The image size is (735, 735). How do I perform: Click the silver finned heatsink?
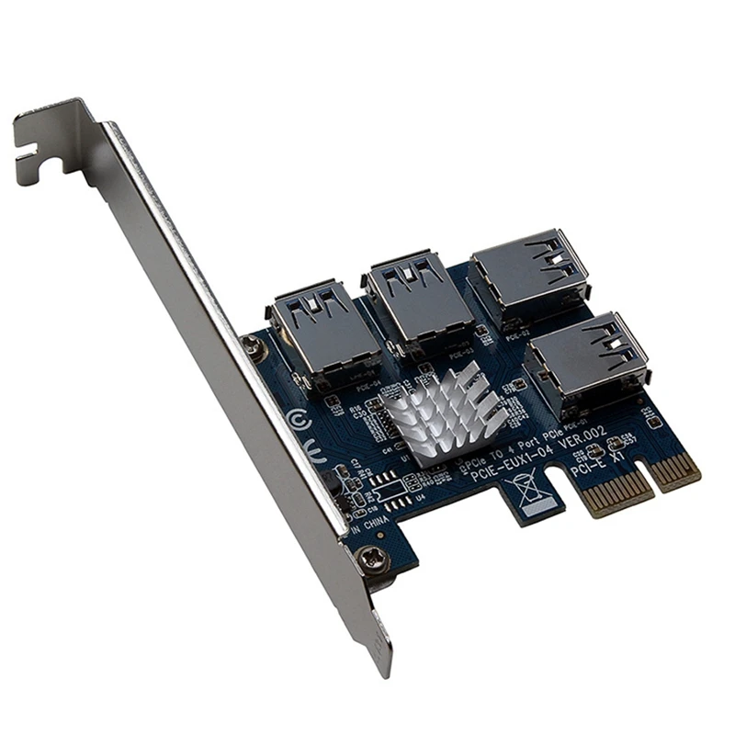(x=445, y=413)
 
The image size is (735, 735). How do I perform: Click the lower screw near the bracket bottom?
(x=373, y=557)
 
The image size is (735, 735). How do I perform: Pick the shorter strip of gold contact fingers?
(x=678, y=469)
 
